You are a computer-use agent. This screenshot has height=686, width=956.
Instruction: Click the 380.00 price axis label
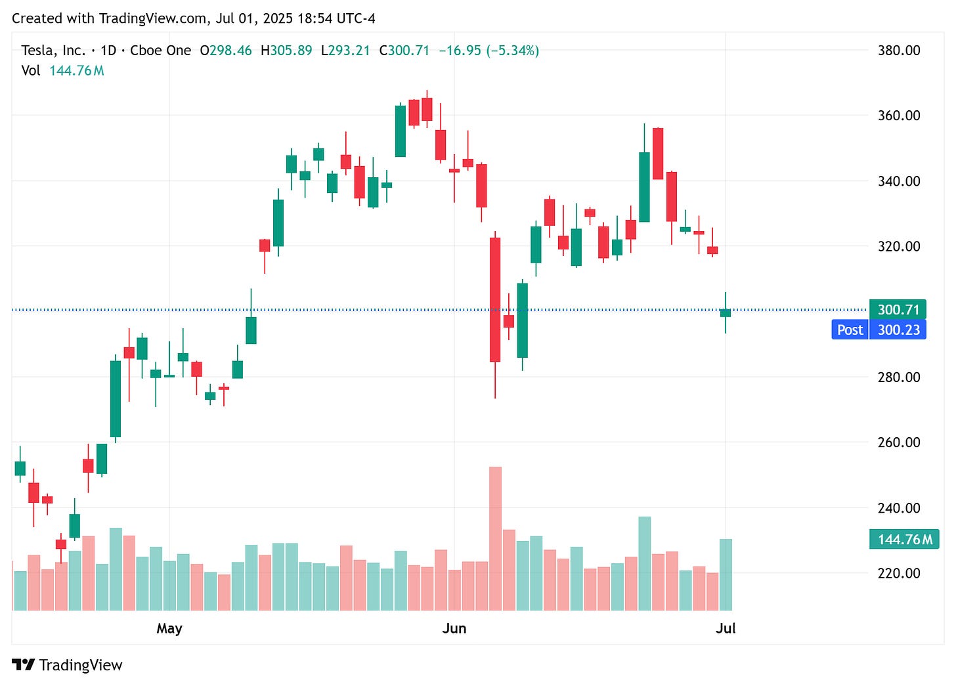coord(899,51)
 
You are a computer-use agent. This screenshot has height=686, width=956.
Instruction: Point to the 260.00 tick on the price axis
coord(899,442)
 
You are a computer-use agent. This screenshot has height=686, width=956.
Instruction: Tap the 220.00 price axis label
coord(899,573)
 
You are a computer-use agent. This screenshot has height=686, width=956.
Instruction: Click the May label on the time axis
coord(169,628)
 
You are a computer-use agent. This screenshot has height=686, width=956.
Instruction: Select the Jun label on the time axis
coord(454,628)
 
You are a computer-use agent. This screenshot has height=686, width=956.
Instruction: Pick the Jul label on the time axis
coord(726,628)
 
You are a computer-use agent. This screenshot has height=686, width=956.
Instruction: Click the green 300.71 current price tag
coord(898,309)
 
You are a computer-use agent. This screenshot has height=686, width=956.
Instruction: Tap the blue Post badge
coord(850,330)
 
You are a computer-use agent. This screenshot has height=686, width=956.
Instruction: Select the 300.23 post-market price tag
coord(898,330)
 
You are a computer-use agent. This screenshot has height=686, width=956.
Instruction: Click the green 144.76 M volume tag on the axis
coord(904,540)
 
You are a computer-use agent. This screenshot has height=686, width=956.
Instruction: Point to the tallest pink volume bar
coord(495,538)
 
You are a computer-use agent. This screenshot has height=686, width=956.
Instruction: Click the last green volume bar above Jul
coord(726,574)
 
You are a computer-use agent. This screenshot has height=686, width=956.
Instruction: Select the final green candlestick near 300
coord(726,312)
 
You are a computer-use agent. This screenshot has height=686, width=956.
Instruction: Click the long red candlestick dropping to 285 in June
coord(495,299)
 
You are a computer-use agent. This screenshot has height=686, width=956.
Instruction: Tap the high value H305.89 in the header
coord(286,51)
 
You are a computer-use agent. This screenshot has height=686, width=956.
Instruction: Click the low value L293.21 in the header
coord(345,51)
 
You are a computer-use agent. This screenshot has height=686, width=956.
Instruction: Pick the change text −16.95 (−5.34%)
coord(489,51)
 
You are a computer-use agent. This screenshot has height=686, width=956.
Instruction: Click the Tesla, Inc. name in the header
coord(53,51)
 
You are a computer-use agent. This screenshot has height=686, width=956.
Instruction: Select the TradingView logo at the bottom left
coord(68,665)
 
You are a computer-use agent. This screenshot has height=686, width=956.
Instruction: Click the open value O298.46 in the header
coord(226,51)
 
